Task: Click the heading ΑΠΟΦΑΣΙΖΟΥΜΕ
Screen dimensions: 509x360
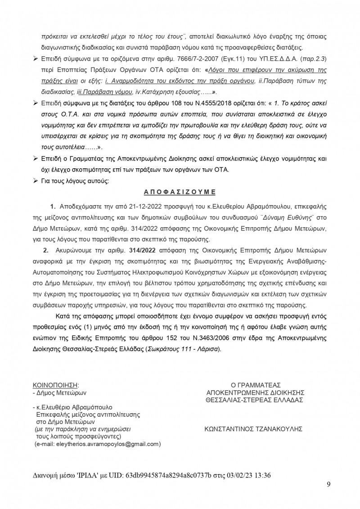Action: [x=180, y=191]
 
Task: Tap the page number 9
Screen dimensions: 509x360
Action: [x=329, y=484]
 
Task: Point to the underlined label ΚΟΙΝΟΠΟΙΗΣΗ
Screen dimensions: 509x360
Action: [x=55, y=385]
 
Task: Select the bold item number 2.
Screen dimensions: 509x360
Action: [x=45, y=250]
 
